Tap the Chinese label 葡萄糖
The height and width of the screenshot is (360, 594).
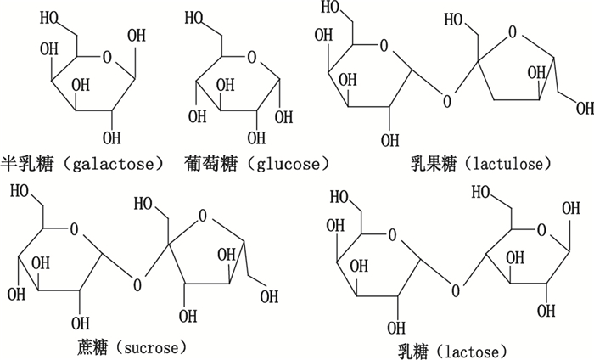210,161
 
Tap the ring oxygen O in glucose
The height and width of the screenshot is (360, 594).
251,59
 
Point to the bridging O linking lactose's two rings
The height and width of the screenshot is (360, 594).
457,291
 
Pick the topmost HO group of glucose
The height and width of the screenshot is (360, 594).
197,15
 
